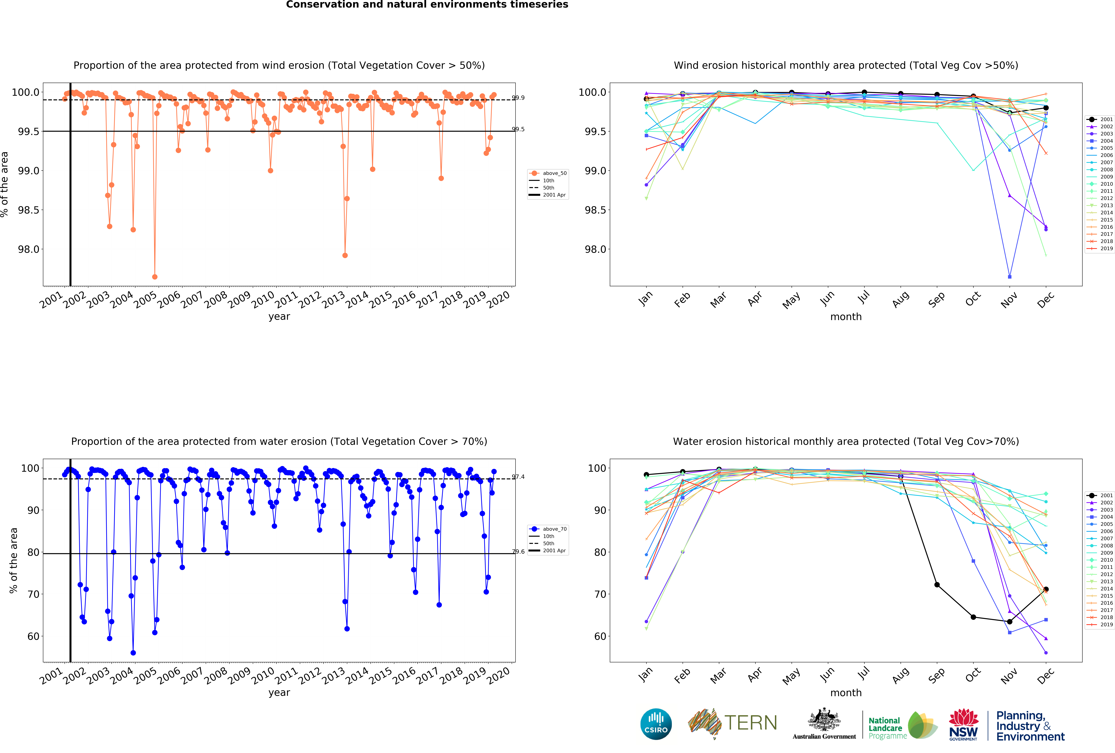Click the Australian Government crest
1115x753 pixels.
(824, 719)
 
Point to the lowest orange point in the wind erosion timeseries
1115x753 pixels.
(155, 277)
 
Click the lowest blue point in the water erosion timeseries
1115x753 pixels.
(133, 653)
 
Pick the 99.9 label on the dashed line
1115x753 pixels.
(518, 98)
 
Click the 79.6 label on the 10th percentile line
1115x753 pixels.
(518, 552)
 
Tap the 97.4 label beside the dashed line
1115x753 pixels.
(518, 477)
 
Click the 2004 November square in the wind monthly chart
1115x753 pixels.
(1009, 277)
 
